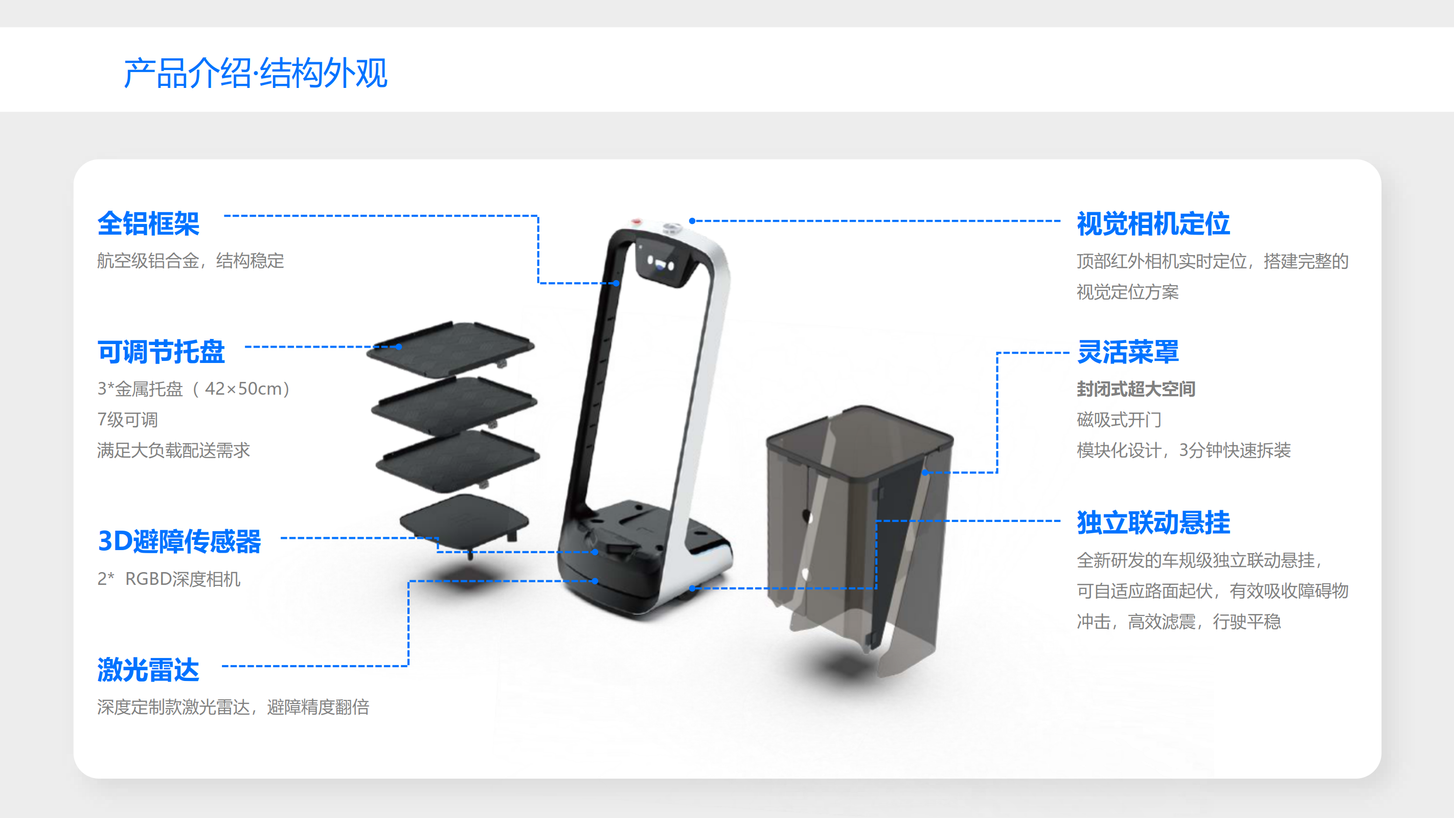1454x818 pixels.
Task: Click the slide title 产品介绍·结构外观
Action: click(x=255, y=74)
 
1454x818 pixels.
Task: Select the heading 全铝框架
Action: click(x=148, y=223)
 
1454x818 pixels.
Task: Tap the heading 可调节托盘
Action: click(x=161, y=352)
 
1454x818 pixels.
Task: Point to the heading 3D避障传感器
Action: click(x=179, y=541)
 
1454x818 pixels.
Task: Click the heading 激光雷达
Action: click(x=148, y=670)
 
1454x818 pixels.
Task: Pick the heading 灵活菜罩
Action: click(x=1128, y=352)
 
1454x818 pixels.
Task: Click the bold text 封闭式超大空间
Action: click(x=1135, y=389)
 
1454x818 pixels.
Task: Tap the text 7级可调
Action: click(x=128, y=419)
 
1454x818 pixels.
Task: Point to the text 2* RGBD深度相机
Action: click(x=169, y=579)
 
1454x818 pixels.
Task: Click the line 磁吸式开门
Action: click(x=1119, y=419)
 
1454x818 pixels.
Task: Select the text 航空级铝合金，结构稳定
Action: click(x=190, y=261)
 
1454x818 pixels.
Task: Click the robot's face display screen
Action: click(x=661, y=262)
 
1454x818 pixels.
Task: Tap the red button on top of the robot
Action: click(x=637, y=221)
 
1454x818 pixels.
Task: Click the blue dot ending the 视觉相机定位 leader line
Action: click(x=692, y=221)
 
